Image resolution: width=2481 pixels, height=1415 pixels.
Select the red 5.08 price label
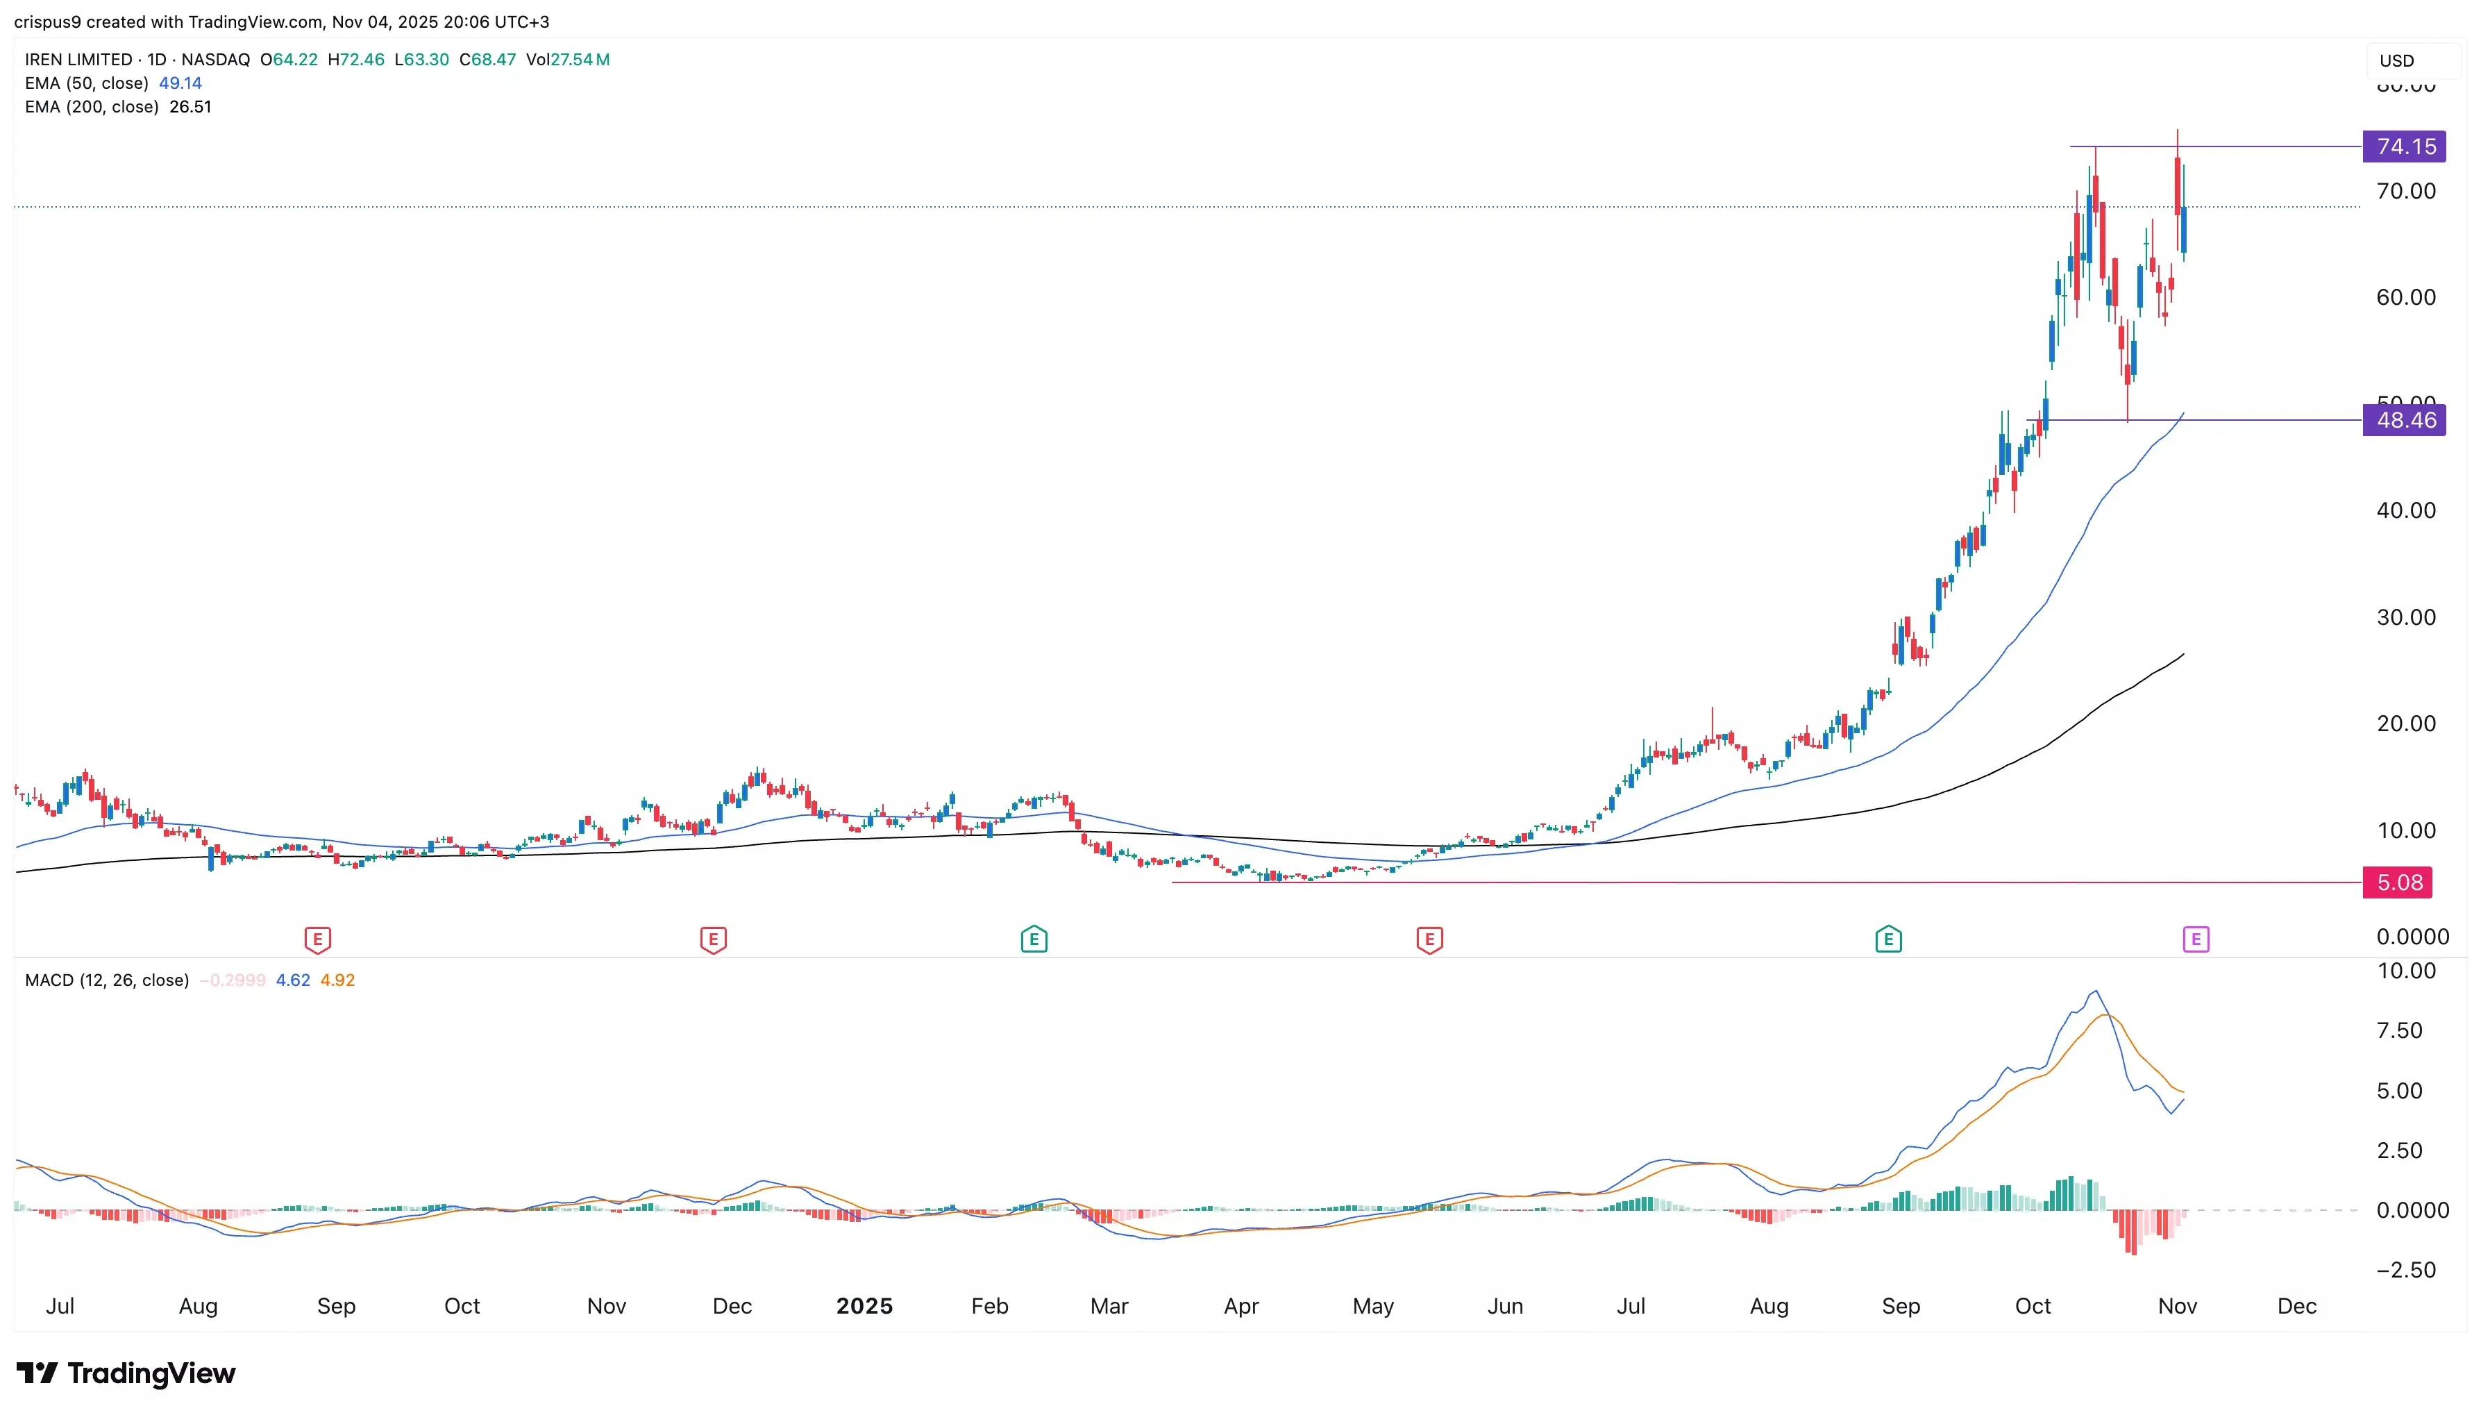point(2398,882)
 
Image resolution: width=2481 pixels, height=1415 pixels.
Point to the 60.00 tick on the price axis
point(2405,297)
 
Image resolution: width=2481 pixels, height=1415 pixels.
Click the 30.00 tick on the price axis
point(2405,617)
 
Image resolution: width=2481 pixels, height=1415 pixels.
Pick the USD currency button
point(2396,60)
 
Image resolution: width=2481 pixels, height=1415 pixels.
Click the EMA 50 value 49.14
point(180,83)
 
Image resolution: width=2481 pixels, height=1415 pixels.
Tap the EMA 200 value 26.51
point(190,107)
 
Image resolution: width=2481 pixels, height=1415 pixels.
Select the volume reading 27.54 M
point(580,59)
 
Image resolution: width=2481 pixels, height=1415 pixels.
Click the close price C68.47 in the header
point(487,59)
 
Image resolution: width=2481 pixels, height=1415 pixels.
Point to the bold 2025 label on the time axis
point(864,1305)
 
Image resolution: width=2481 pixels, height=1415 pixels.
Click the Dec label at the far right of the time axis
point(2296,1305)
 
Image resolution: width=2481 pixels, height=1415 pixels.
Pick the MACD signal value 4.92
point(337,980)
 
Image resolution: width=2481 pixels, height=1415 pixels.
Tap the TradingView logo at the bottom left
point(126,1373)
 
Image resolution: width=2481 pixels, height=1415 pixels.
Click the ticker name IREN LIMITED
point(78,59)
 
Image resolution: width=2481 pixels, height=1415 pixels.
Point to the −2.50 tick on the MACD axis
point(2405,1269)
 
